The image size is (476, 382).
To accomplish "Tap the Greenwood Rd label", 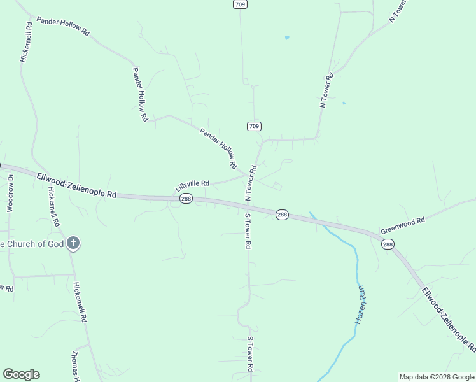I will [402, 225].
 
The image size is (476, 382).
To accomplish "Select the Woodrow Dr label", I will [10, 193].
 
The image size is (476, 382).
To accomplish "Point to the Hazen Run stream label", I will [361, 304].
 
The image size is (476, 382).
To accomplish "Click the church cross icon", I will [74, 243].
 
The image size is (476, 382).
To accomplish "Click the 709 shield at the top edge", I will [240, 4].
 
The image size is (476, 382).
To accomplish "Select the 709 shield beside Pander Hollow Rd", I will [254, 126].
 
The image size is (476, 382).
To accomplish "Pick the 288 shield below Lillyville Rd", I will [186, 199].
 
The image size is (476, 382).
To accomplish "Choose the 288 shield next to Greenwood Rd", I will [388, 244].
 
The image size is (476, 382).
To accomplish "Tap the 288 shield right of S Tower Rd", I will [283, 215].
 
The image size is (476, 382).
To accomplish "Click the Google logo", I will [21, 374].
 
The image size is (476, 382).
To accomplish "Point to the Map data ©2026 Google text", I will [437, 377].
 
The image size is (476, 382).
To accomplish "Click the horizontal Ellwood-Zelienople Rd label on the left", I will [76, 185].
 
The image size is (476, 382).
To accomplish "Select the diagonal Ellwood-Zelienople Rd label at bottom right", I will [449, 319].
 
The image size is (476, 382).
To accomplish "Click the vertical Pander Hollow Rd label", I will [139, 94].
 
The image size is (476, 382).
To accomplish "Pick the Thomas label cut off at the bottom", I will [74, 366].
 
